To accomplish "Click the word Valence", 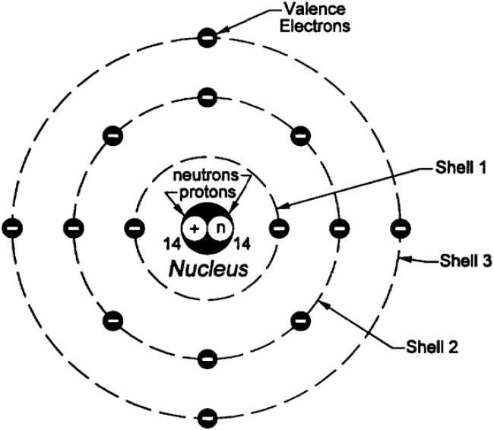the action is pos(315,9).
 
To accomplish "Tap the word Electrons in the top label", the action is pos(315,26).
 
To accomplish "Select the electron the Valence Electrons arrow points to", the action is pos(207,37).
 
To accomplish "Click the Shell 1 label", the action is pos(461,168).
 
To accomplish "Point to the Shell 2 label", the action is pos(432,347).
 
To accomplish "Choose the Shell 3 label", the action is pos(466,261).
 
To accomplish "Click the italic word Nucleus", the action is pos(208,270).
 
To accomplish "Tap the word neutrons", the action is pos(206,175).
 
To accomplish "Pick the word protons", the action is pos(207,192).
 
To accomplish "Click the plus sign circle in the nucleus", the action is pos(195,229).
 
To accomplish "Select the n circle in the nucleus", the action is pos(221,229).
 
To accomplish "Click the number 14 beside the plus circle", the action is pos(172,244).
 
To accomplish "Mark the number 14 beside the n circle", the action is pos(242,244).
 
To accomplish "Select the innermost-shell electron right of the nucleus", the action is pos(279,229).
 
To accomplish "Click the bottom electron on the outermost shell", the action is pos(207,419).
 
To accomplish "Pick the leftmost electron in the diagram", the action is pos(12,229).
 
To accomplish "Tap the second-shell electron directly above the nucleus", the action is pos(207,97).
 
